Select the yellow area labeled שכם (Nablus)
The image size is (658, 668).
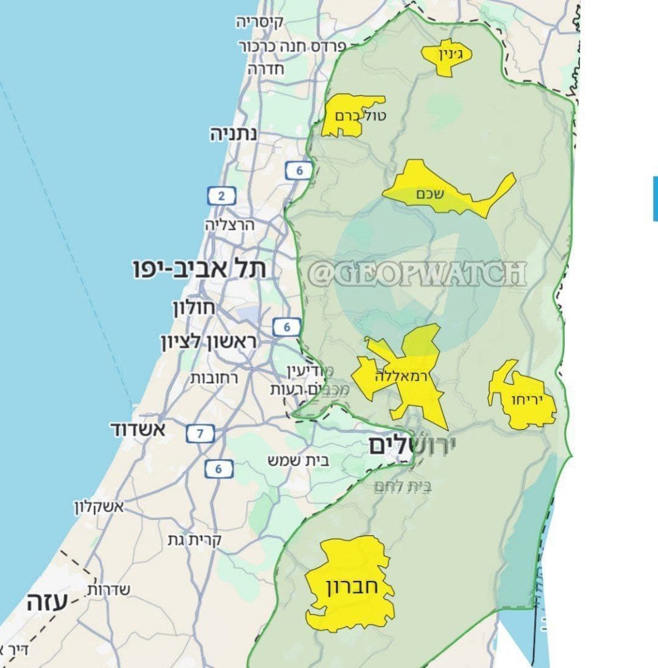pos(439,192)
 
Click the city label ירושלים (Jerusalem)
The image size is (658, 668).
pos(412,447)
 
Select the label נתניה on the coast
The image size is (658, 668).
pos(234,135)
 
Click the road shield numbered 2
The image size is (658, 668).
pos(221,196)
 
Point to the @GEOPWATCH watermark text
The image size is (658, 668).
pos(417,274)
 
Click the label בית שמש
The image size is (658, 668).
pos(299,460)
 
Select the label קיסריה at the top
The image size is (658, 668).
pos(260,23)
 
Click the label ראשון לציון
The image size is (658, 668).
pos(208,342)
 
